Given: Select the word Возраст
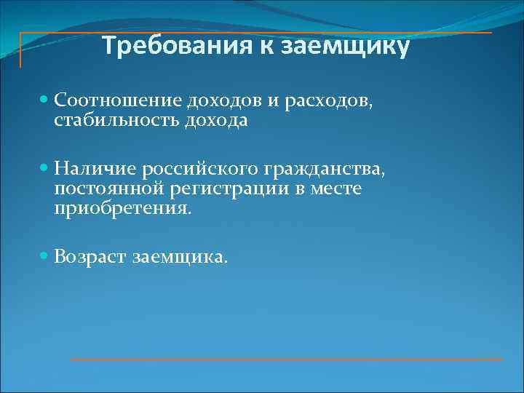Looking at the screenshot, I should pyautogui.click(x=90, y=256).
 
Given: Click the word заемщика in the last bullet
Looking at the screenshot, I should pyautogui.click(x=180, y=257).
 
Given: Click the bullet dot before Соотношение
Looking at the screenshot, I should pyautogui.click(x=46, y=98).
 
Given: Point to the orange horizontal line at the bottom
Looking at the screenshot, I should pyautogui.click(x=286, y=360).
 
